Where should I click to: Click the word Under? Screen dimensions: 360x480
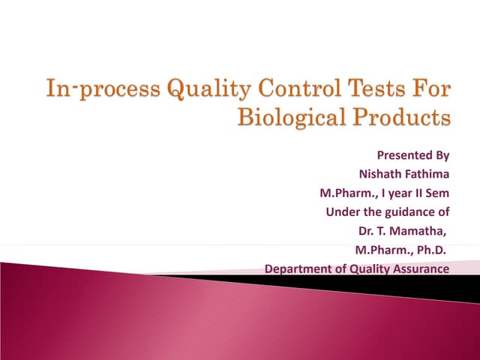[x=341, y=212]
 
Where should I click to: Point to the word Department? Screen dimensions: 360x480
[x=298, y=268]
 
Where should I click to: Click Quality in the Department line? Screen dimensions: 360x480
[x=370, y=268]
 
